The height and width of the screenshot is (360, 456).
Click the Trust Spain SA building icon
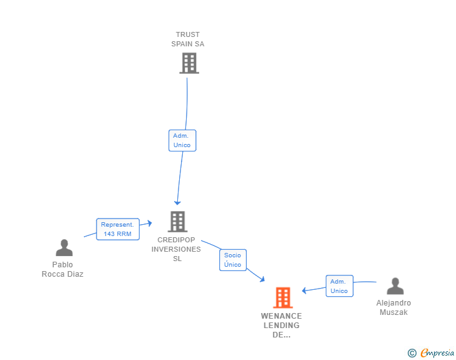[189, 63]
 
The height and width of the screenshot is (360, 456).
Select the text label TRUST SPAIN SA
[188, 39]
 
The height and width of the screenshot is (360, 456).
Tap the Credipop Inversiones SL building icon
[177, 221]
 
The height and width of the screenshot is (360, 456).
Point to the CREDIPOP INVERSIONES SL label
[177, 249]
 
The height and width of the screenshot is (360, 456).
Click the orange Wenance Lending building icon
[283, 297]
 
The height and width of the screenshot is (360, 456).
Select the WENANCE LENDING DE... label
[282, 326]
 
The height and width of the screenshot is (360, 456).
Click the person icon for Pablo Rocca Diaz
[64, 248]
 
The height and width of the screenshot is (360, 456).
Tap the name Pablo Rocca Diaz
[63, 270]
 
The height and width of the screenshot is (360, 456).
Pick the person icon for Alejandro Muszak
[395, 286]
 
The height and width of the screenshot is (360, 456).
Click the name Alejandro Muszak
[394, 307]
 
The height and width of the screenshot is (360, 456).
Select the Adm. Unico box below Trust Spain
[182, 140]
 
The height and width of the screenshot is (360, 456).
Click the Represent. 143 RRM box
[117, 229]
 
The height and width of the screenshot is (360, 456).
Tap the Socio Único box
[232, 260]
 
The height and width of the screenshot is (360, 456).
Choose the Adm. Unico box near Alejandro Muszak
[339, 286]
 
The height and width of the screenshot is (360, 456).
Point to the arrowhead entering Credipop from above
[177, 202]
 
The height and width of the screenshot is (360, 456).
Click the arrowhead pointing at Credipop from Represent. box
[149, 223]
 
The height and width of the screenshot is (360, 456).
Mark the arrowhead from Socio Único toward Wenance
[262, 279]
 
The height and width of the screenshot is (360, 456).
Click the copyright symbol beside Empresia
[412, 353]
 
